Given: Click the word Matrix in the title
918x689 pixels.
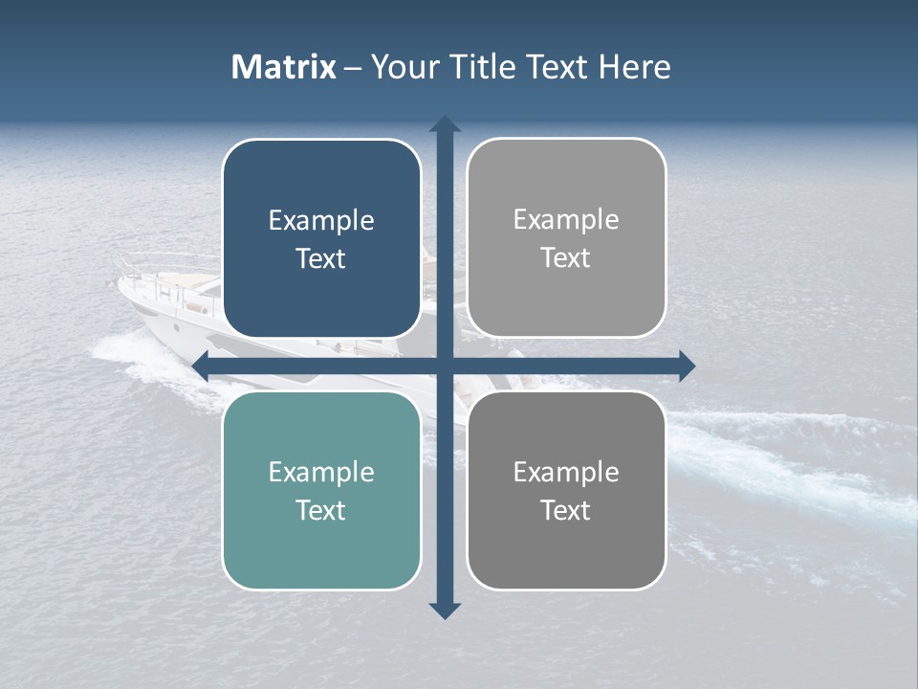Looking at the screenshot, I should point(284,67).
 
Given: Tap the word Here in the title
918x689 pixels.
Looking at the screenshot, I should point(635,67).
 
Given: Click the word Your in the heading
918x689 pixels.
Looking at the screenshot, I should point(401,67).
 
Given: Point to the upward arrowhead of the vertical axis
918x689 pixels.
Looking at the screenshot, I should point(445,124).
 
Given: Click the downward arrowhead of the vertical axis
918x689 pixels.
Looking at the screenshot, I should point(445,610).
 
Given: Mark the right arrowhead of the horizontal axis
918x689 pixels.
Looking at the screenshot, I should point(687,365).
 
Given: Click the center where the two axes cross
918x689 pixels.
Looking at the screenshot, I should point(445,365).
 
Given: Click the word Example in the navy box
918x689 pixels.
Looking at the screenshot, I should point(321,221).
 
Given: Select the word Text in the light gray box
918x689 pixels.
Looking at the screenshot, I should point(566,258).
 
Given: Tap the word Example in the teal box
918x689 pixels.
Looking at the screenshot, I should point(321,473).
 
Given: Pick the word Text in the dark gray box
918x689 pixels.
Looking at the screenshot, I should point(566,511).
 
